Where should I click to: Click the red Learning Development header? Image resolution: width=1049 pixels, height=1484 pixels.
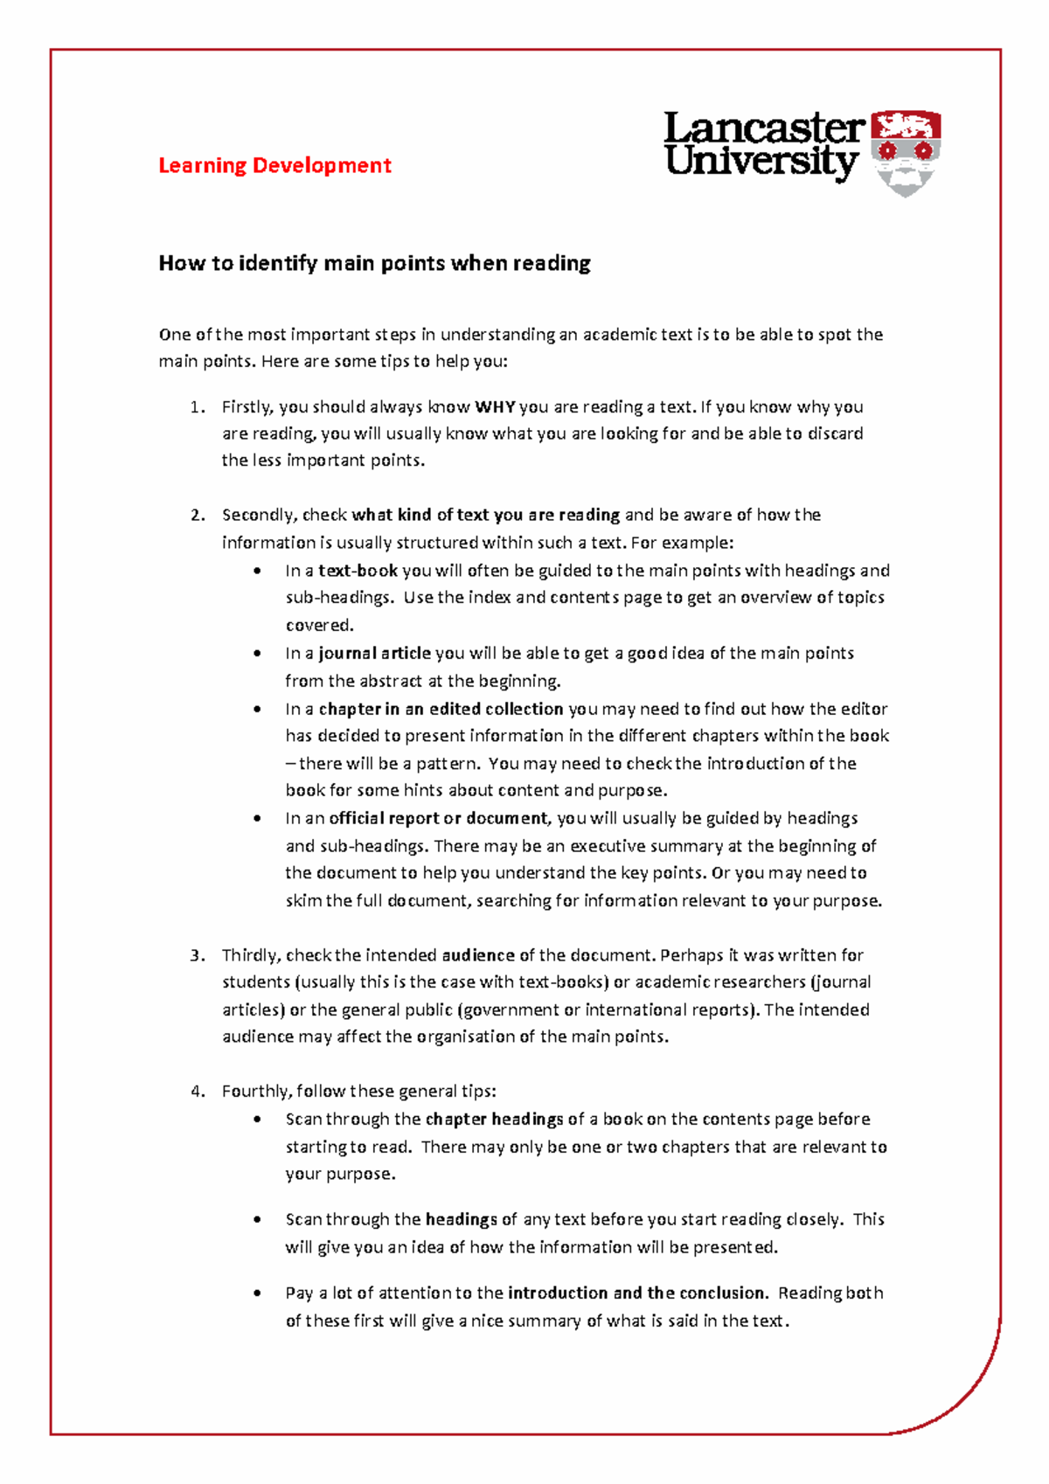point(274,165)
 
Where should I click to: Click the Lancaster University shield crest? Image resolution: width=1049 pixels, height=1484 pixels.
point(906,152)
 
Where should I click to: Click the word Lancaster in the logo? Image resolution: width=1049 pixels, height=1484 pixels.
point(763,129)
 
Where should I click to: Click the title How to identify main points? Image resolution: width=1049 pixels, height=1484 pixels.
point(374,263)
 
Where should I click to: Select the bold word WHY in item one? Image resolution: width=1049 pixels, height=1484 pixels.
point(495,406)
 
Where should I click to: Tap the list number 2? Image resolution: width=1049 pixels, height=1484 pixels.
point(197,515)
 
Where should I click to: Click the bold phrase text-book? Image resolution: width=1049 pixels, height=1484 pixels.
point(358,571)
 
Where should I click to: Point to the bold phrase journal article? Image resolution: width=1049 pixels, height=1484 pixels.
point(374,653)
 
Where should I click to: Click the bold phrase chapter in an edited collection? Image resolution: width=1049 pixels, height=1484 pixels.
point(441,709)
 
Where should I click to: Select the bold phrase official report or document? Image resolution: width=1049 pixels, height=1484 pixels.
point(438,818)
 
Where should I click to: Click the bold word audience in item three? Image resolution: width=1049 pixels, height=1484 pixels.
point(478,955)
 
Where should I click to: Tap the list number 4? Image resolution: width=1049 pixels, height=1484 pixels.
point(197,1092)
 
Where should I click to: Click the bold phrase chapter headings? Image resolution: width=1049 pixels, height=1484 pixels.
point(494,1119)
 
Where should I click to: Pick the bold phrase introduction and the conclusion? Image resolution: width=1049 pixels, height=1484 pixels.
point(637,1293)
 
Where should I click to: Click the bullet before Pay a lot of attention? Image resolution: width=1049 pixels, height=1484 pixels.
point(257,1293)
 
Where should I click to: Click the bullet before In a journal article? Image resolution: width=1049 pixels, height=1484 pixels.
point(257,654)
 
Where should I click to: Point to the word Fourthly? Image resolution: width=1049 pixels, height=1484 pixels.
point(256,1092)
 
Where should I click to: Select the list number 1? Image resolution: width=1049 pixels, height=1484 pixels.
point(197,406)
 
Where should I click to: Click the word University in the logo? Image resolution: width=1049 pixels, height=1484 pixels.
point(761,163)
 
